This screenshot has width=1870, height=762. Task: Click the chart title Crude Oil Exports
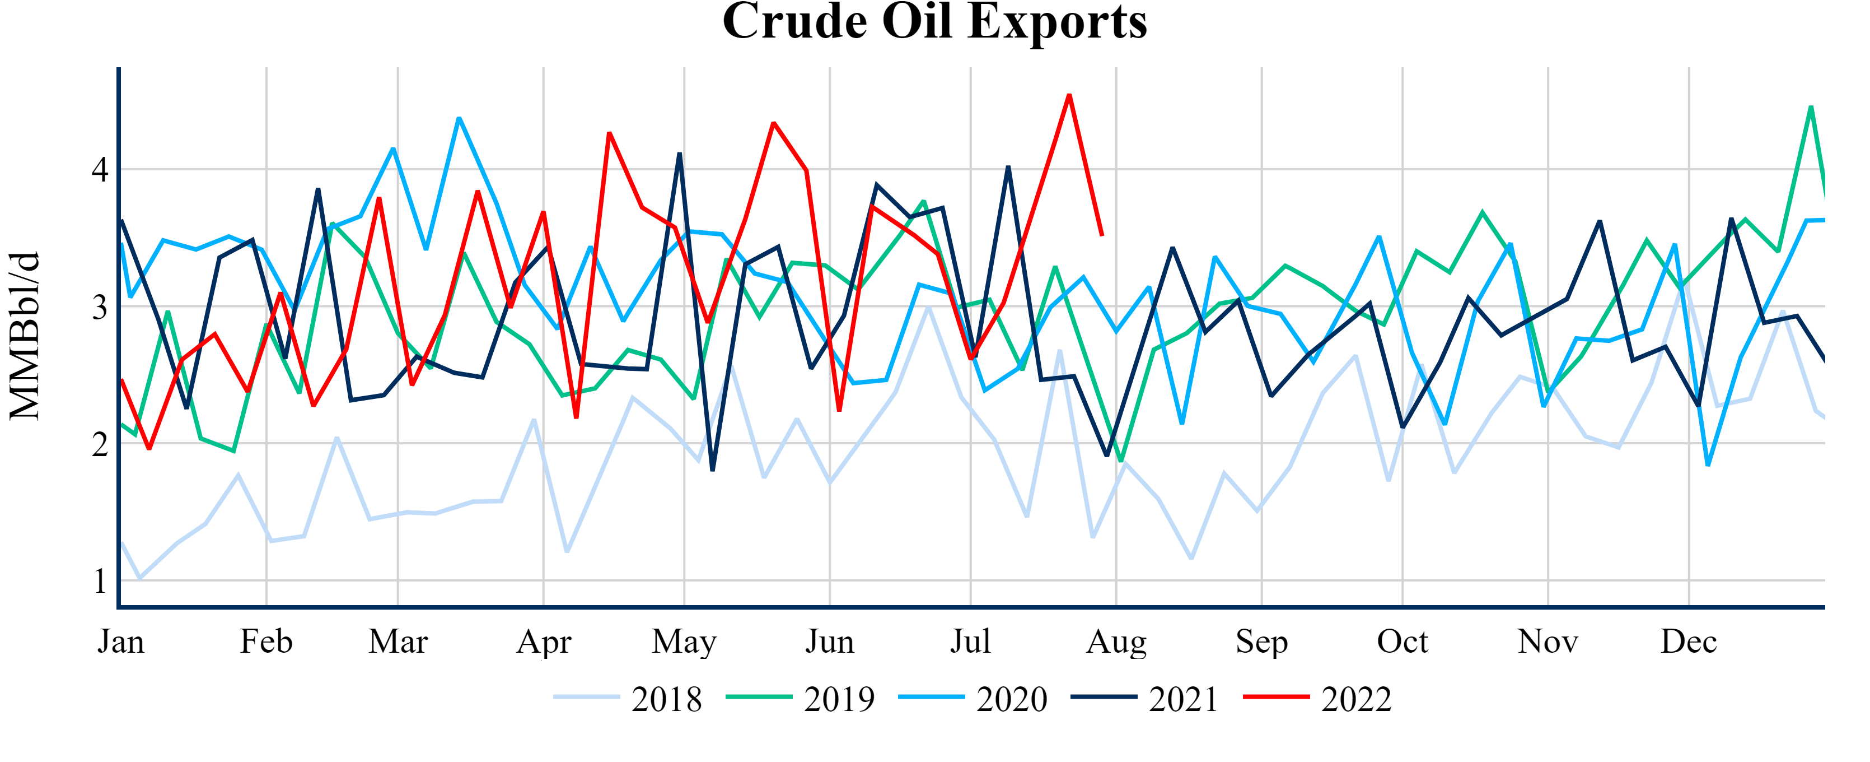click(x=934, y=22)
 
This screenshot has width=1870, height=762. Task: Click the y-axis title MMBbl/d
click(x=25, y=336)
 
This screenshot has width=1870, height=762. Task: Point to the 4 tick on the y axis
click(x=100, y=170)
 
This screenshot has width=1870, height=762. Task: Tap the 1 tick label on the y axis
click(x=100, y=581)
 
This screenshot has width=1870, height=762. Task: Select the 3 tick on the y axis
click(x=100, y=307)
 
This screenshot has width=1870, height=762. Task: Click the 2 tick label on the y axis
click(x=100, y=444)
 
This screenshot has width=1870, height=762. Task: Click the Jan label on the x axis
click(x=121, y=642)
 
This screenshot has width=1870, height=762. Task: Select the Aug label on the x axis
click(x=1116, y=642)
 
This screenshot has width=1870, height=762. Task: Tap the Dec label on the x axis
click(x=1689, y=642)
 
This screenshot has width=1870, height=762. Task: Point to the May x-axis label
click(x=684, y=642)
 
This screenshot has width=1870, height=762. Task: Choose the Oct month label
click(x=1402, y=642)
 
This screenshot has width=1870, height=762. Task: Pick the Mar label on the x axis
click(x=398, y=642)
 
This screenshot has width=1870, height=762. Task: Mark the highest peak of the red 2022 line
click(x=1069, y=95)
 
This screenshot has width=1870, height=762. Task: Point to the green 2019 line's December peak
click(x=1811, y=107)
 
